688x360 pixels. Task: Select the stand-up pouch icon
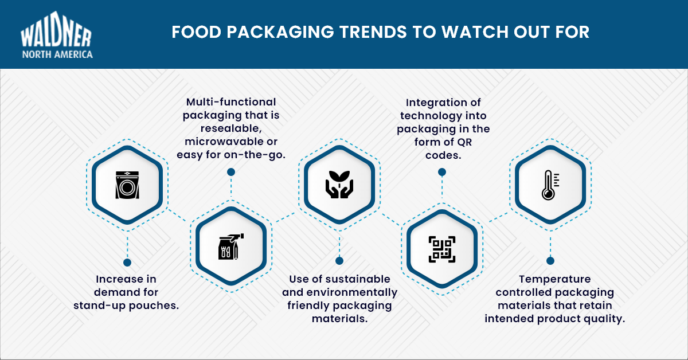(127, 184)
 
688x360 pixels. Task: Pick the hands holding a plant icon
(339, 184)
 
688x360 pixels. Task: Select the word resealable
(230, 128)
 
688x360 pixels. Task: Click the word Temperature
(554, 279)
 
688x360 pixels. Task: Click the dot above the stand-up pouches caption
(127, 263)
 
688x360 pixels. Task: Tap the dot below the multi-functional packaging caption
(231, 172)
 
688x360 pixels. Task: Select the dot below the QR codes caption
(442, 172)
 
